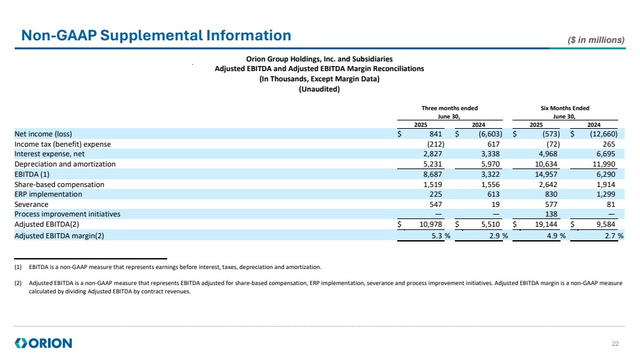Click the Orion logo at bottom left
[44, 343]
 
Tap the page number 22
[616, 344]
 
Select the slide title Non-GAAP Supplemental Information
[156, 35]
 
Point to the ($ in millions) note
[596, 40]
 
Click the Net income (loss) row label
[42, 134]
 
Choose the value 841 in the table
[436, 134]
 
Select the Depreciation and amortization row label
[65, 164]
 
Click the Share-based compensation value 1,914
[607, 184]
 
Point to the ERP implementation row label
[48, 194]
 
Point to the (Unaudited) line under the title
[319, 89]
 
